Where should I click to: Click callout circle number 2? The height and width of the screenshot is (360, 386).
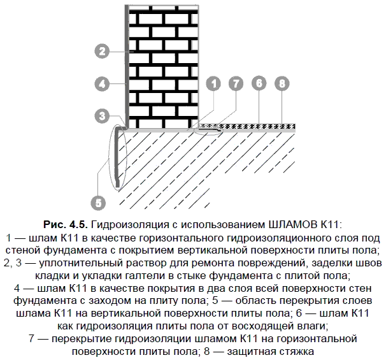tap(102, 51)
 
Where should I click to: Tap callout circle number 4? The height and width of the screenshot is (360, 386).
tap(102, 83)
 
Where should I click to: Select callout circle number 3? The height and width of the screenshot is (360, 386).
tap(102, 116)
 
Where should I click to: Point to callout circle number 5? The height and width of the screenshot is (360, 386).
tap(98, 203)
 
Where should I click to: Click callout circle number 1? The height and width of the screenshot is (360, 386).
tap(213, 83)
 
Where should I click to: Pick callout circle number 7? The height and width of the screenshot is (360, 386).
tap(236, 83)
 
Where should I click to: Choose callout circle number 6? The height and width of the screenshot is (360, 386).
tap(259, 83)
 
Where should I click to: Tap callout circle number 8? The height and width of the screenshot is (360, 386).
tap(282, 83)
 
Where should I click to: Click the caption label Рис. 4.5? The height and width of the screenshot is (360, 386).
tap(66, 224)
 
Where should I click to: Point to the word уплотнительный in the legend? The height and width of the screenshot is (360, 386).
tap(82, 263)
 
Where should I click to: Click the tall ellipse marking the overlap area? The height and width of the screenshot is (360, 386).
tap(110, 157)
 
